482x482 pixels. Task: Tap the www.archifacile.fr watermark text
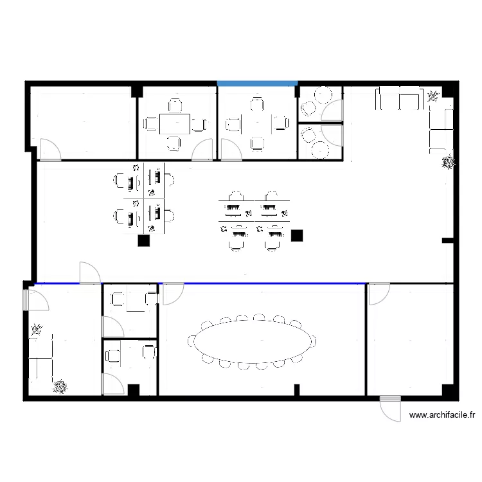tap(442, 415)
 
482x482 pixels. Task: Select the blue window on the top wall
tap(257, 84)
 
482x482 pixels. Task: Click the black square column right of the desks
tap(296, 236)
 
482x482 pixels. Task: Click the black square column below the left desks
tap(144, 241)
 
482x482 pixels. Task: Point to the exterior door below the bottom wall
tap(390, 409)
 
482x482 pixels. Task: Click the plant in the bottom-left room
tap(60, 386)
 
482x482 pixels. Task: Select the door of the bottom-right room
tap(379, 293)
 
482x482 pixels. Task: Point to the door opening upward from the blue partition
tap(89, 272)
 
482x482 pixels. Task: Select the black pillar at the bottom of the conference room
tap(297, 389)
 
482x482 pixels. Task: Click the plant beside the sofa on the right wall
tap(448, 163)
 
